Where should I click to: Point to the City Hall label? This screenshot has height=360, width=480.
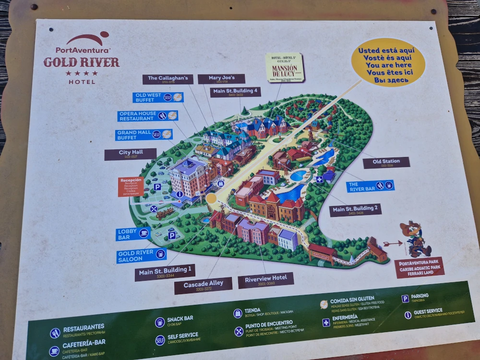[131, 154]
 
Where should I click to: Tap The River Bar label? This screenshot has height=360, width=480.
[370, 186]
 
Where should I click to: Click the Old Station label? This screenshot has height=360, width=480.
[386, 162]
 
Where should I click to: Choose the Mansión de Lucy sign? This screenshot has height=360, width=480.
[285, 67]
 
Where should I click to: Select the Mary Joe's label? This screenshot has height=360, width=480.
[221, 79]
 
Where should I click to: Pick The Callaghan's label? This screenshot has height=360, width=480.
[164, 79]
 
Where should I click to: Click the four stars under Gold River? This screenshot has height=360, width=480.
[82, 73]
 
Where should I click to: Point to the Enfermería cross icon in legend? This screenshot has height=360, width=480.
[326, 322]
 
